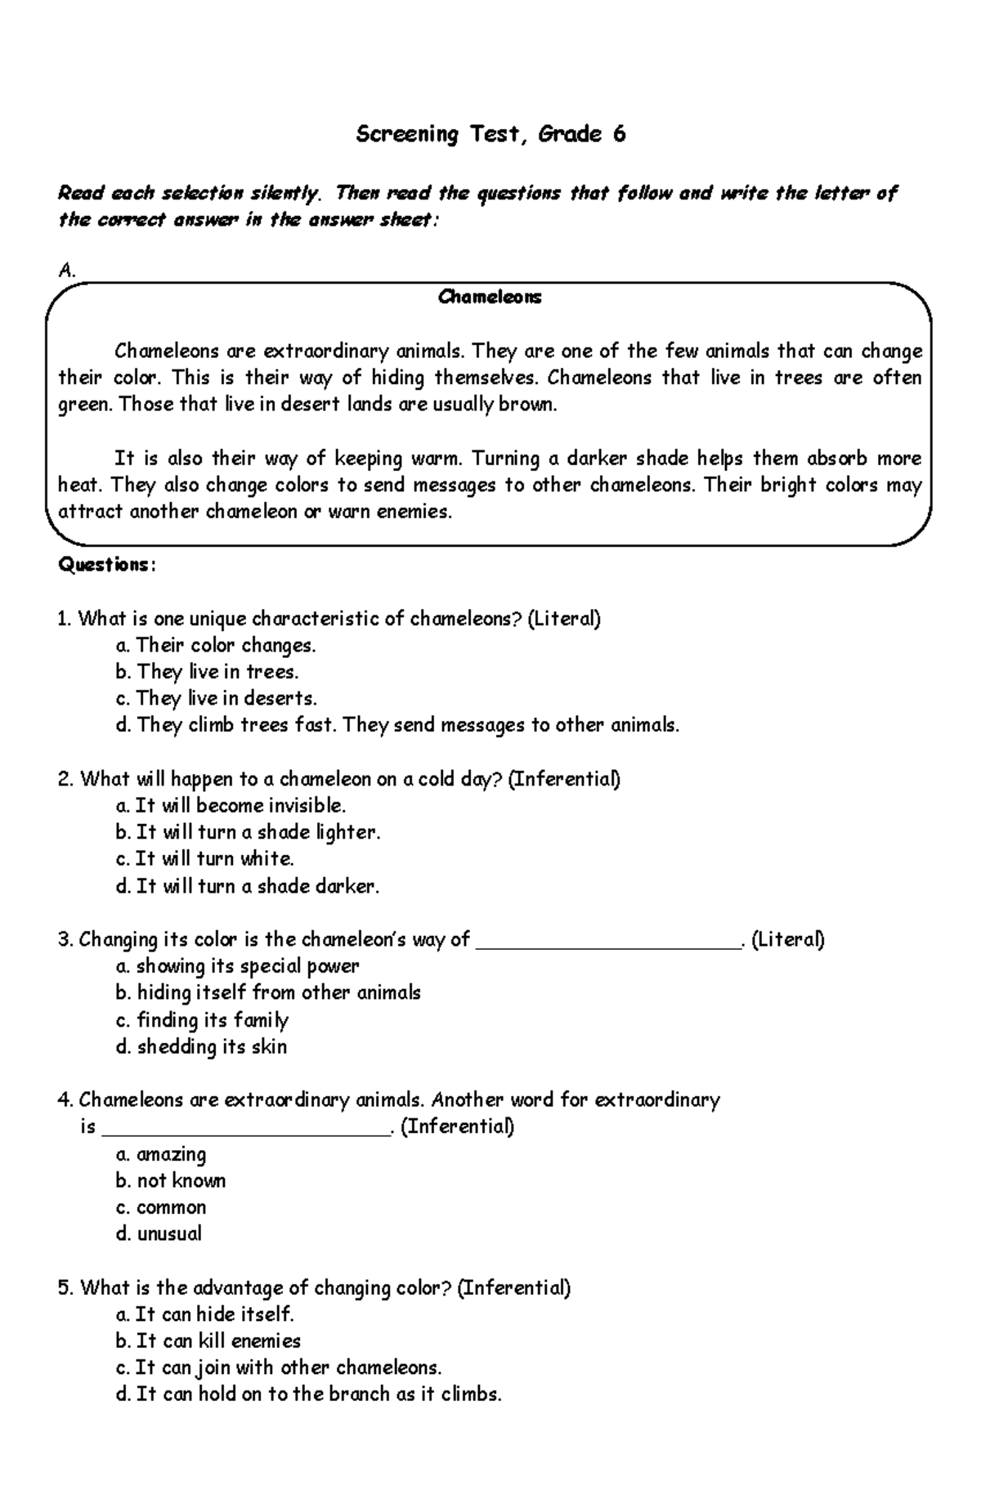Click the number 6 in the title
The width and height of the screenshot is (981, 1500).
tap(619, 134)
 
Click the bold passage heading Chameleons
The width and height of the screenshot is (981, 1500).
tap(489, 297)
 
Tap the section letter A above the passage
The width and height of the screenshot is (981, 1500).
tap(65, 271)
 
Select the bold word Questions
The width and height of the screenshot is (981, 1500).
tap(104, 565)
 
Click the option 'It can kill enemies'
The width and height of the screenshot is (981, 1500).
tap(217, 1341)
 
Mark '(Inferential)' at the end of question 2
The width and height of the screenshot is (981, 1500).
tap(564, 778)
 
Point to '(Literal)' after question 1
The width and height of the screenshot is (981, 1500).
tap(564, 619)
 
